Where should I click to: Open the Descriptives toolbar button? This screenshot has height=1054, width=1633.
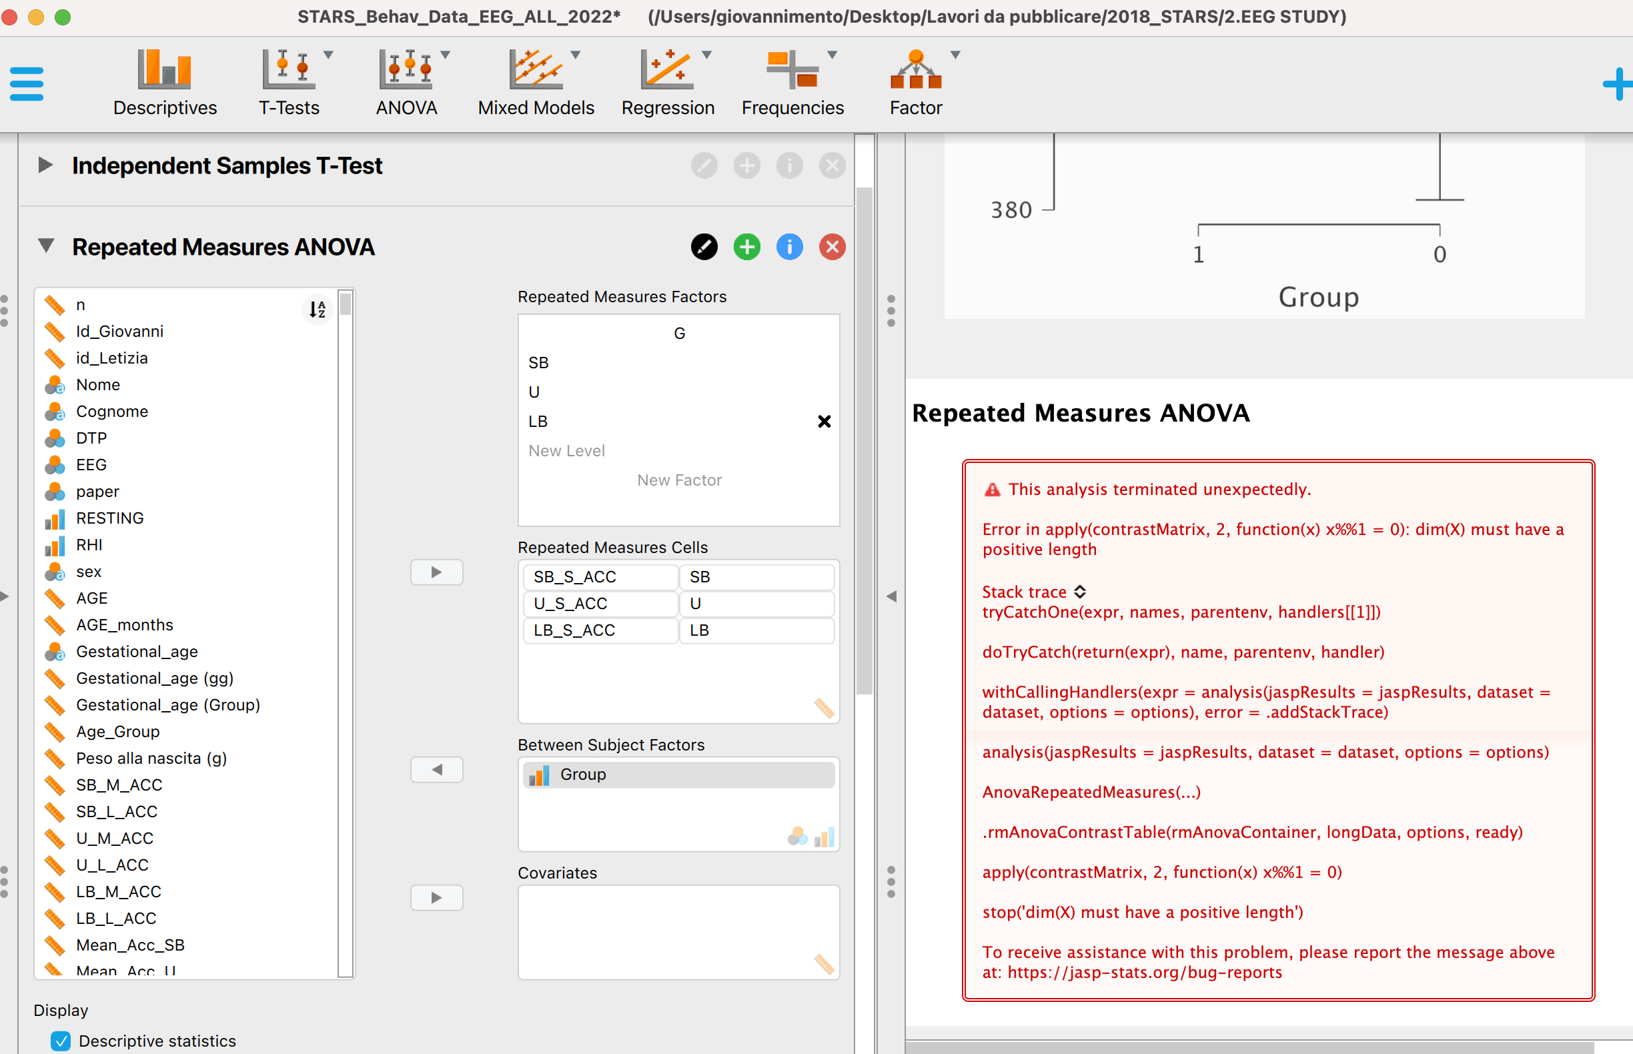click(165, 82)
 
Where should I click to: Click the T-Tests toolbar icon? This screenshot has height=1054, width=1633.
click(289, 82)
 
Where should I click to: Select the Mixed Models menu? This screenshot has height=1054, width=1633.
click(536, 82)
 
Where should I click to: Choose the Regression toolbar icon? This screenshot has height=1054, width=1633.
click(667, 82)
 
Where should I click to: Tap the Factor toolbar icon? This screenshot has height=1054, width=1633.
click(916, 82)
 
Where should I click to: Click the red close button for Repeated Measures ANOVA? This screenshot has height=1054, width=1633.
click(833, 247)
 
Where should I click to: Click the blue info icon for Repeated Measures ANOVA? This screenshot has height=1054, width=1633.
click(789, 247)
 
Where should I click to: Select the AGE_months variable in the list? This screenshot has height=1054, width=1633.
click(125, 625)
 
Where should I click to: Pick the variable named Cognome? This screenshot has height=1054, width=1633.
click(111, 412)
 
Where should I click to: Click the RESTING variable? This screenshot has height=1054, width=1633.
click(109, 518)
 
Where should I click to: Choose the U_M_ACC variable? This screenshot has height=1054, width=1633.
click(114, 839)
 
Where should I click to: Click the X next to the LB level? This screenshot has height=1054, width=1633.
click(825, 422)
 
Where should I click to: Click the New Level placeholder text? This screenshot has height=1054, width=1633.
click(567, 451)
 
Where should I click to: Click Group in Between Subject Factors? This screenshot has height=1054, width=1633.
click(583, 774)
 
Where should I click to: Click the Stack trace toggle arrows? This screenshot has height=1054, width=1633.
click(1080, 592)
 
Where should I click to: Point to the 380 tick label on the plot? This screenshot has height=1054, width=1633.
click(1011, 210)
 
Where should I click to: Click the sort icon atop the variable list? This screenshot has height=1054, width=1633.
click(317, 310)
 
